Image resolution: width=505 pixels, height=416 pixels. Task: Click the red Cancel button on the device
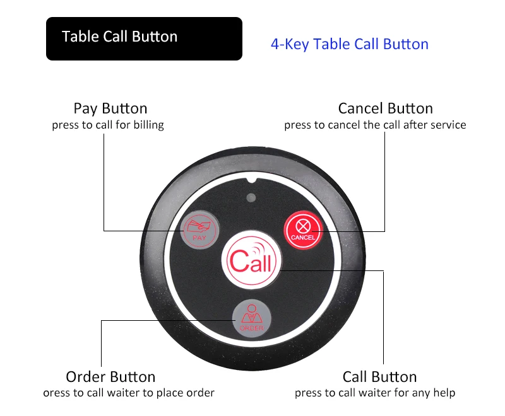pos(303,230)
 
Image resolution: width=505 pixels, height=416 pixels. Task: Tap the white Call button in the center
pos(251,260)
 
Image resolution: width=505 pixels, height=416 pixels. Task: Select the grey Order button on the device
pos(252,318)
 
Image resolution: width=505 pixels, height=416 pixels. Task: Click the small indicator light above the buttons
pos(251,197)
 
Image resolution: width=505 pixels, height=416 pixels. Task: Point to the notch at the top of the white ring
pos(252,181)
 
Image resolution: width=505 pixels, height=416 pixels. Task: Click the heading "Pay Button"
pos(110,108)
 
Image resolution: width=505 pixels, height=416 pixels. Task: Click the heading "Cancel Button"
pos(386,108)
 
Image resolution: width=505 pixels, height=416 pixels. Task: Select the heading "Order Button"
pos(110,377)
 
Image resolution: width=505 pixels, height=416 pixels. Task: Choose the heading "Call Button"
pos(380,377)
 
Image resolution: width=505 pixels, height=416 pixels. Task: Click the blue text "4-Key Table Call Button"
pos(350,44)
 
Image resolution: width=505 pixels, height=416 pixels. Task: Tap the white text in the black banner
pos(119,37)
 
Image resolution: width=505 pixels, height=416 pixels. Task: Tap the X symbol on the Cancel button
pos(303,226)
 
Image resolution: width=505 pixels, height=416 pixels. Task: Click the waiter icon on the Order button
pos(252,314)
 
